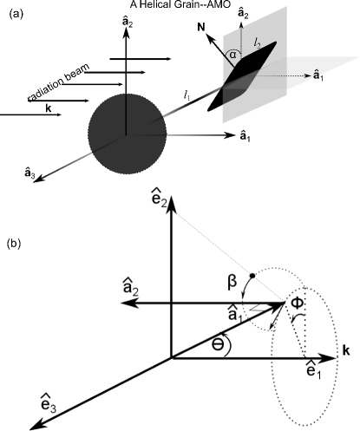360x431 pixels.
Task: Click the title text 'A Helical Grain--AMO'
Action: (x=180, y=6)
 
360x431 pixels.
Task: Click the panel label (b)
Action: (x=14, y=245)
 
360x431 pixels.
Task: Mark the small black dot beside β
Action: (x=251, y=275)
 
